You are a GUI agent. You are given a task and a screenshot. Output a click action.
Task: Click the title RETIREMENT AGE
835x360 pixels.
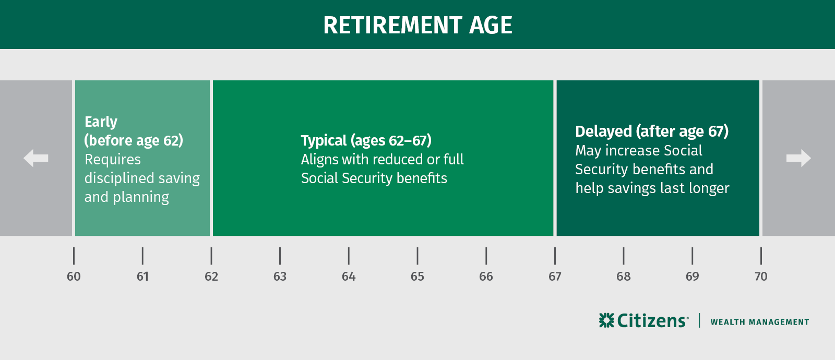(x=417, y=25)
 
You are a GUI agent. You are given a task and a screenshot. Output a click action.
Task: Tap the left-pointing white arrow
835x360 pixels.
(x=35, y=158)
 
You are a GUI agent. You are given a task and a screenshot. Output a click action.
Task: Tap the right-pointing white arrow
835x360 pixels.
(x=798, y=158)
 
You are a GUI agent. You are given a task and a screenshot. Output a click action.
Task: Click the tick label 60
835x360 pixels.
(x=74, y=277)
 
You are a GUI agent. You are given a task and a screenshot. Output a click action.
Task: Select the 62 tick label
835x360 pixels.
(x=211, y=277)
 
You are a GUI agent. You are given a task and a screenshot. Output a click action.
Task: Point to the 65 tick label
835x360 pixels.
(x=417, y=277)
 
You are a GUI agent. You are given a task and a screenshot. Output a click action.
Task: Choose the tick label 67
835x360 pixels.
(x=555, y=277)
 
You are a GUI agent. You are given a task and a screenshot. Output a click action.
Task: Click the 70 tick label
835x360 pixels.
(x=761, y=277)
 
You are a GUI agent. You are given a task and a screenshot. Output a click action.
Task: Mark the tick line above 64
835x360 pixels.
(x=349, y=256)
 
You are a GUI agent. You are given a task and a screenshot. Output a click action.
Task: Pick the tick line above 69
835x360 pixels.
(x=692, y=256)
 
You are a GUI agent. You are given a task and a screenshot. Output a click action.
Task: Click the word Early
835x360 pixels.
(x=101, y=122)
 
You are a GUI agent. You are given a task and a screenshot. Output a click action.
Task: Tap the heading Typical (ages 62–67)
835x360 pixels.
(x=366, y=140)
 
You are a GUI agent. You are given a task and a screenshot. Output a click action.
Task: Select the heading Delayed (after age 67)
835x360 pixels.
(x=651, y=131)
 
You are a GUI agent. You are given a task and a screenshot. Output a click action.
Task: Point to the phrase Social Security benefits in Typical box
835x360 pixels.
(x=374, y=178)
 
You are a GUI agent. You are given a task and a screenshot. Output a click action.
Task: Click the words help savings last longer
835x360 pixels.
(x=652, y=188)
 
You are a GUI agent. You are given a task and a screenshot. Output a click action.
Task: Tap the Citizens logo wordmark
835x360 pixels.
(x=652, y=320)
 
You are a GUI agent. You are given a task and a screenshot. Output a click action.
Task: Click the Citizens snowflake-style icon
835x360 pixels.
(x=606, y=320)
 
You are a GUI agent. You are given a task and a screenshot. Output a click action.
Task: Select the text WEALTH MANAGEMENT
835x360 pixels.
(x=759, y=322)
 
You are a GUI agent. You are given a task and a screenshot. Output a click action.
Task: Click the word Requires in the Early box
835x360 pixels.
(x=113, y=159)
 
